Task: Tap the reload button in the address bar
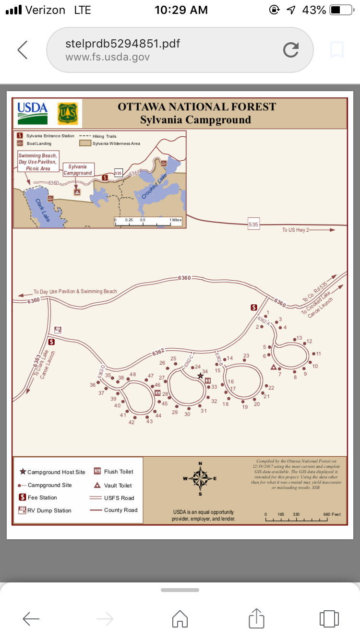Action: [291, 49]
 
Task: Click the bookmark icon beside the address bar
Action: [337, 49]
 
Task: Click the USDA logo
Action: [33, 113]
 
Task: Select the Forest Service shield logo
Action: [68, 114]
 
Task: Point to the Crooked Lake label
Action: [156, 187]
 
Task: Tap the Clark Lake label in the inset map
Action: [43, 210]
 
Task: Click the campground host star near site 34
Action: [201, 376]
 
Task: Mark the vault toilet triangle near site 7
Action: [274, 367]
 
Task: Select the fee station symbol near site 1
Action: [254, 308]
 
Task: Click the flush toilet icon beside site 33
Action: [208, 380]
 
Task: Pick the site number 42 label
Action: [132, 423]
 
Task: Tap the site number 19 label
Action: [245, 407]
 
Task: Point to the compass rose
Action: [200, 478]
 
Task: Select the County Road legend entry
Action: [120, 510]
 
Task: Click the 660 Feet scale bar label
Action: [332, 514]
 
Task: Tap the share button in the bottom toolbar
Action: [257, 618]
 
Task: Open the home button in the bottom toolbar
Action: [180, 618]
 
